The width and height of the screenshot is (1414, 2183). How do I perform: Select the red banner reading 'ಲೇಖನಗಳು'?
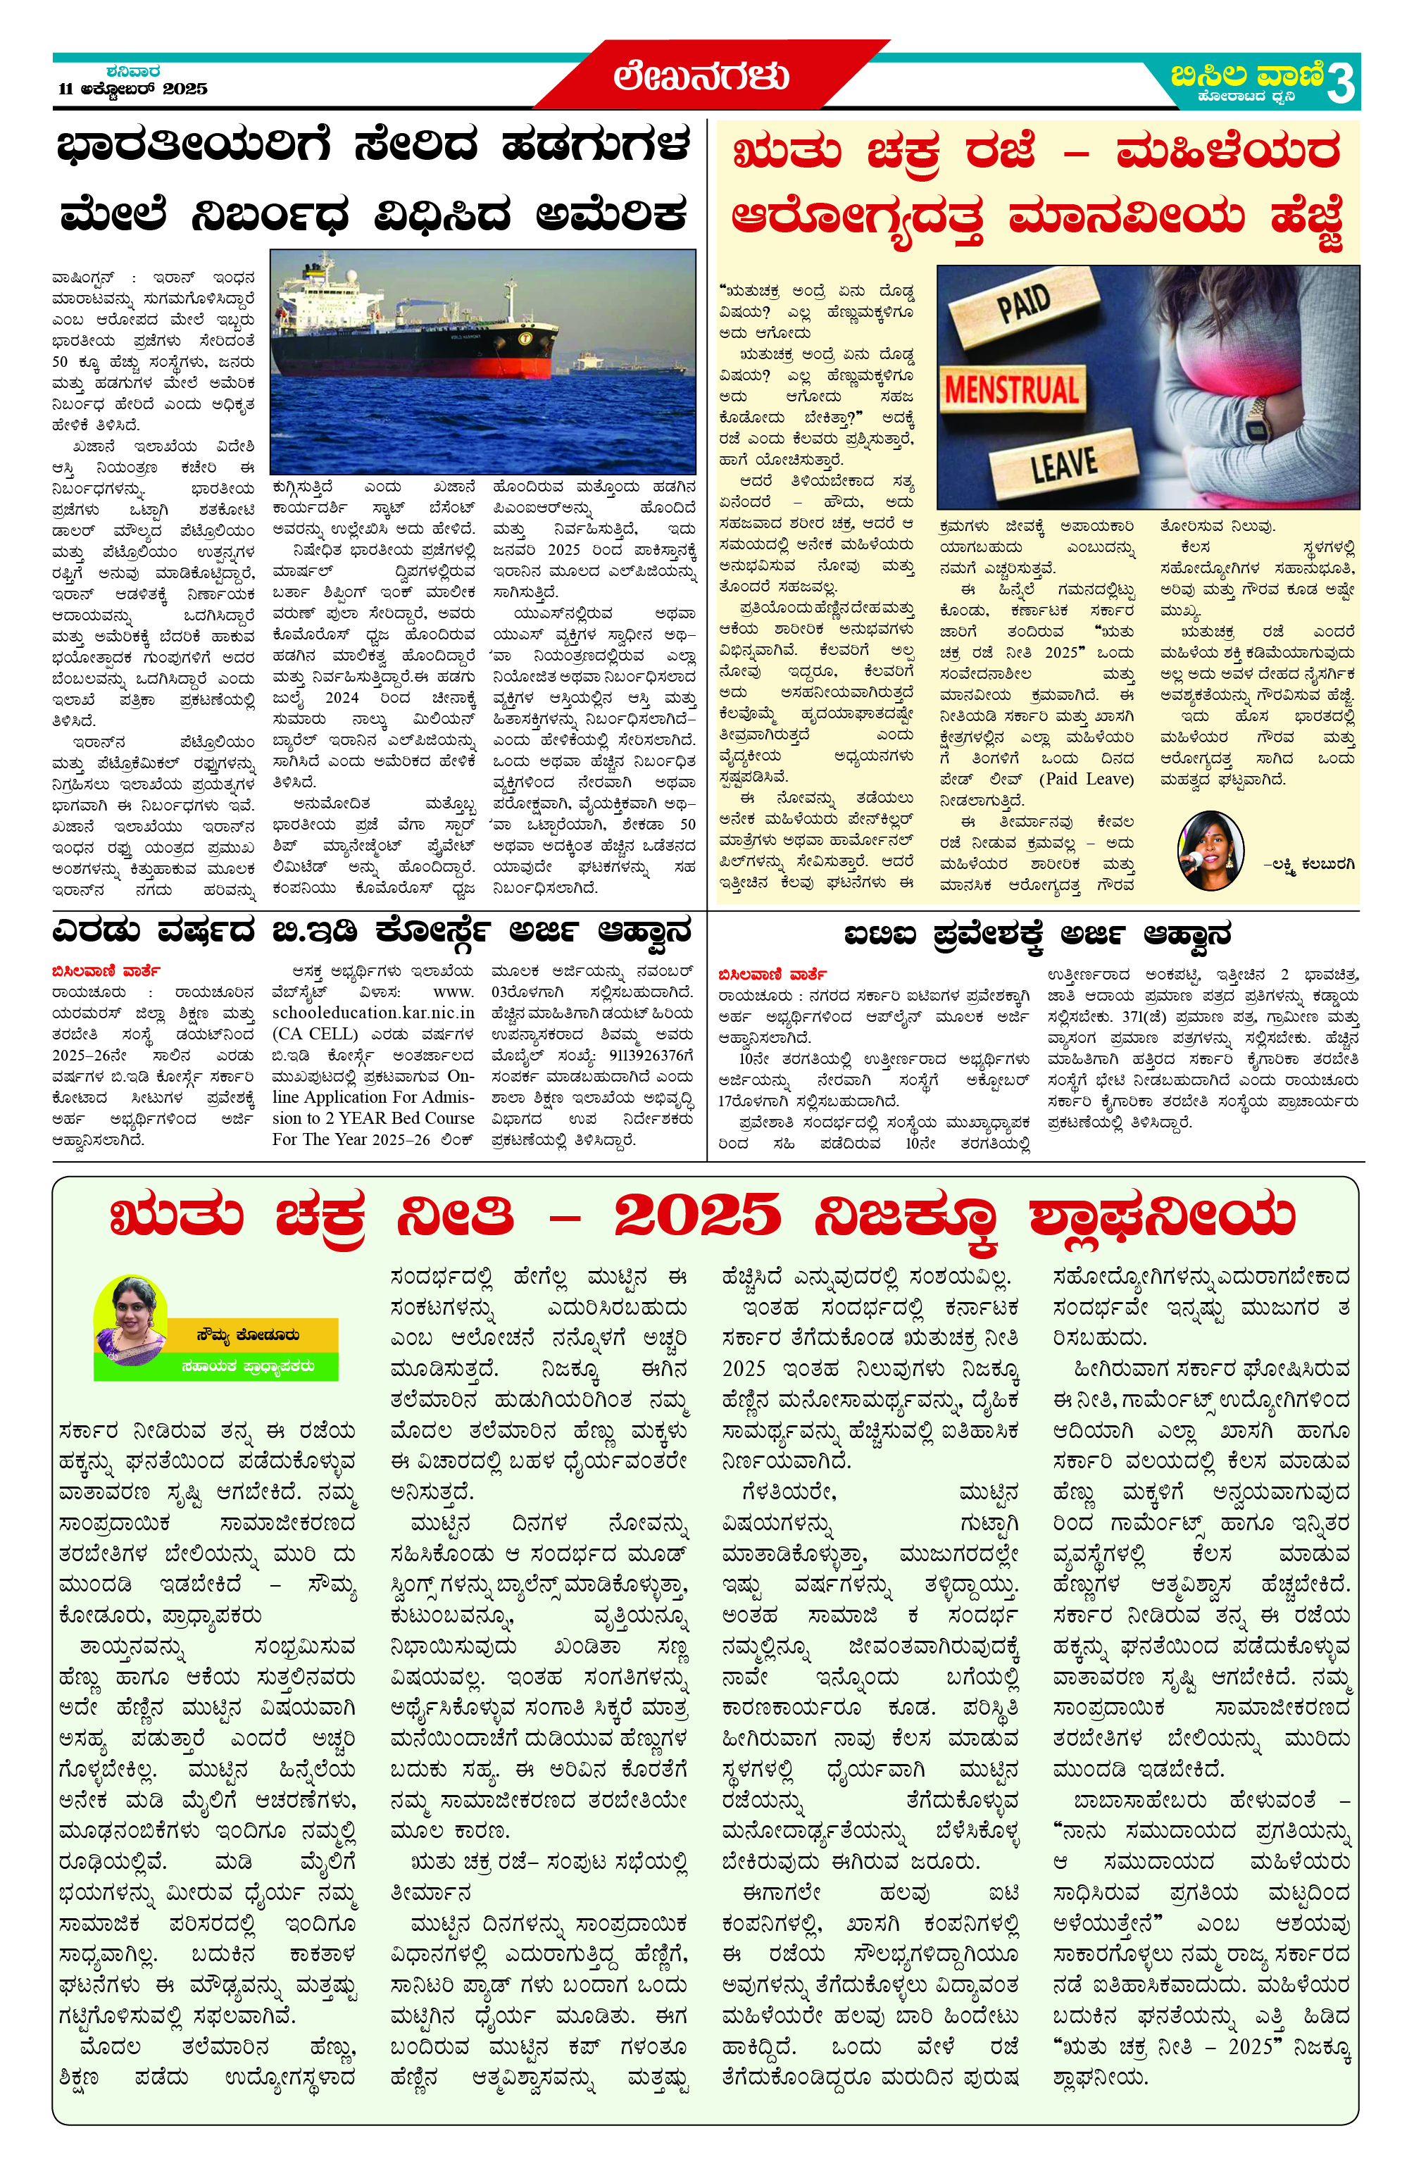coord(701,76)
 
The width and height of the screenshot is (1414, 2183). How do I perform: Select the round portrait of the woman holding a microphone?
coord(1210,850)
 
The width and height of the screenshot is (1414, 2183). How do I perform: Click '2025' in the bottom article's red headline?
coord(697,1216)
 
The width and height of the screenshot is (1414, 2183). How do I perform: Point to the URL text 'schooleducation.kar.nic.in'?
coord(373,1013)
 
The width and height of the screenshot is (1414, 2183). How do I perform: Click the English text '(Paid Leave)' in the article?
coord(1086,780)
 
